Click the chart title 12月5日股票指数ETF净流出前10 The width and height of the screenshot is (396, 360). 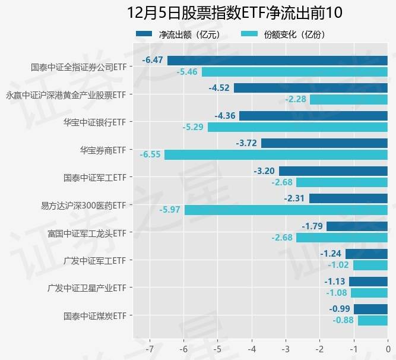(x=235, y=12)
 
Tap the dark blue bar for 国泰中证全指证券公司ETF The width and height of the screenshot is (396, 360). (x=277, y=61)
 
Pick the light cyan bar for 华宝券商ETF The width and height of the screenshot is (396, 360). (x=275, y=154)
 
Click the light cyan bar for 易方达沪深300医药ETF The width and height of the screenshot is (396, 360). (x=286, y=210)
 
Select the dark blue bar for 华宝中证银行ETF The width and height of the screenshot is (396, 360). (x=313, y=116)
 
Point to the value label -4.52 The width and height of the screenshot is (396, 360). (x=219, y=88)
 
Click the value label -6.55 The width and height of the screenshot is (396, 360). (x=151, y=154)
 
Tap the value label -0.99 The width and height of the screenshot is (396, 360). (x=340, y=309)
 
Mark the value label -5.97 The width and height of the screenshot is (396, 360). (x=171, y=210)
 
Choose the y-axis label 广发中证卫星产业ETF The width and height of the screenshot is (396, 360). (x=87, y=288)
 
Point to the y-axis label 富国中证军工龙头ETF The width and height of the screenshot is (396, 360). (x=87, y=232)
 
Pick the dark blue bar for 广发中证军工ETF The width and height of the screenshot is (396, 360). (x=366, y=254)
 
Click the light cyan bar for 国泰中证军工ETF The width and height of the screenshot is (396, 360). (x=341, y=182)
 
